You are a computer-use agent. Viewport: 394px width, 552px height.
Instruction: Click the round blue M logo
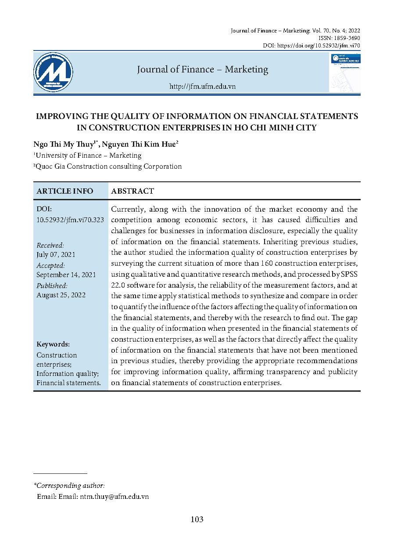coord(54,72)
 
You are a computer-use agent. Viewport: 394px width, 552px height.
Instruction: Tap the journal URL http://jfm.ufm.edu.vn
coord(202,87)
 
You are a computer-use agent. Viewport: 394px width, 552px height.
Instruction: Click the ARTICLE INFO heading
coord(65,191)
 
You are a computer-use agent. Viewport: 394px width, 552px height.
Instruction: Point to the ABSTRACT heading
coord(133,191)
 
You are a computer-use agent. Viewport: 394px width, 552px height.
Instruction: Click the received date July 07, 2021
coord(56,254)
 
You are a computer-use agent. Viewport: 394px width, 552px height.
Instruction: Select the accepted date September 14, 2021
coord(66,275)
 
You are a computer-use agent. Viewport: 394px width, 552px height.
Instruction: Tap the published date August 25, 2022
coord(61,295)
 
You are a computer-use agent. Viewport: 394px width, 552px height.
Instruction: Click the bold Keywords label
coord(53,344)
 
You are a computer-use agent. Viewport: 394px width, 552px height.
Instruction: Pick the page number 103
coord(197,520)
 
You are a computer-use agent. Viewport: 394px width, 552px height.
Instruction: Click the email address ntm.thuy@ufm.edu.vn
coord(114,496)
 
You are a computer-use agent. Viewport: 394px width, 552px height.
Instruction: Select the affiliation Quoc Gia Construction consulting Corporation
coord(109,166)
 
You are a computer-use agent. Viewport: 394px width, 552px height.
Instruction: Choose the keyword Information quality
coord(67,374)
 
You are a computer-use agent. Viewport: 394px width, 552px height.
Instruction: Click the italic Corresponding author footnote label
coord(69,486)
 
